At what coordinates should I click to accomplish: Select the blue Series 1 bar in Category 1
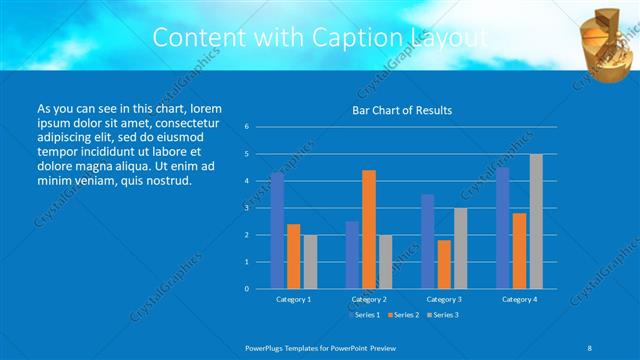[277, 230]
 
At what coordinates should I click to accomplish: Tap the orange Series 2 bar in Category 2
[369, 229]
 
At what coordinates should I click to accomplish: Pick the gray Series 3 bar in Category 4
[536, 221]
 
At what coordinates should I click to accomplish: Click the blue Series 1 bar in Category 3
[428, 241]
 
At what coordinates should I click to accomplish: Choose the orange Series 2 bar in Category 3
[444, 264]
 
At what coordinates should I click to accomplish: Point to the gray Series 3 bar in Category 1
[310, 261]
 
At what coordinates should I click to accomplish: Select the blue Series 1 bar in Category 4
[503, 228]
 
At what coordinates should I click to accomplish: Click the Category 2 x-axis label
[369, 299]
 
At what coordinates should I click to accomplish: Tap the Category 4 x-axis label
[519, 299]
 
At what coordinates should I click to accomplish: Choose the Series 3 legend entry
[444, 315]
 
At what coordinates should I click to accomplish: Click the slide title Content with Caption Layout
[320, 38]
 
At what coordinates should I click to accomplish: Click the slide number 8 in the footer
[589, 346]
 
